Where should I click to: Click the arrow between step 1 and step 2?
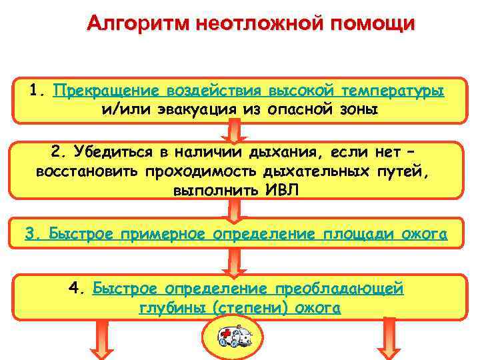(234, 131)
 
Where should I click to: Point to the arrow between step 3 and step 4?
(234, 262)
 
